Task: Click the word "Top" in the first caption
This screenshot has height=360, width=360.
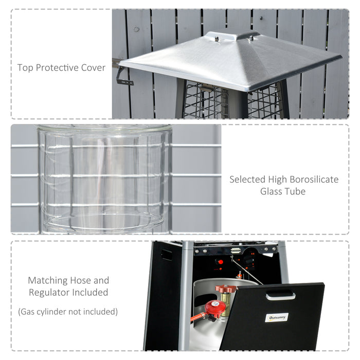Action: point(25,68)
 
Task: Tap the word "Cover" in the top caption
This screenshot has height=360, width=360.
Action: point(94,68)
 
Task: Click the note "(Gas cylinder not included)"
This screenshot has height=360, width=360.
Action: point(68,312)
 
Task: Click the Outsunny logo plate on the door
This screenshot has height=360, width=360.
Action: point(277,317)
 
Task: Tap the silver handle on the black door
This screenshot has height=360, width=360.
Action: point(280,296)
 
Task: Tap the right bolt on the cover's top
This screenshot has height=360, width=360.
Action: point(252,37)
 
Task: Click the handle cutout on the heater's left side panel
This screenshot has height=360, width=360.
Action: point(166,255)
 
